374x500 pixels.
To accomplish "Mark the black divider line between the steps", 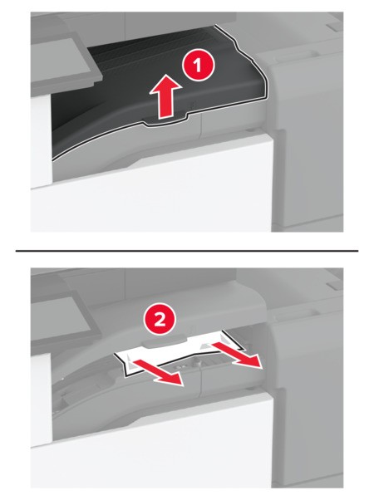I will (x=187, y=250).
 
